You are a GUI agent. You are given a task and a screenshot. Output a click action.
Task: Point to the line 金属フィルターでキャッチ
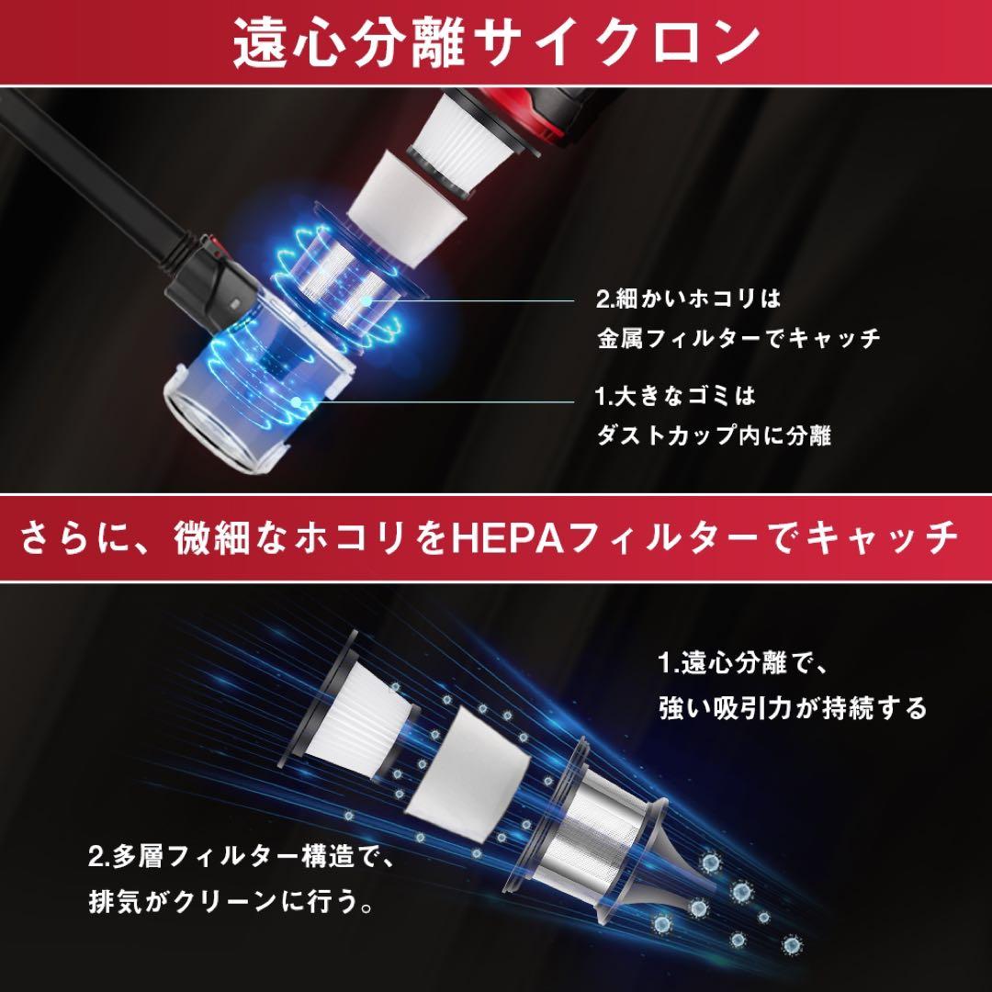tap(738, 338)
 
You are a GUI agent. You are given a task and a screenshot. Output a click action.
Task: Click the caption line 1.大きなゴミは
tap(675, 397)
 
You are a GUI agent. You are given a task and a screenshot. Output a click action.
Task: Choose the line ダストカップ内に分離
tap(714, 435)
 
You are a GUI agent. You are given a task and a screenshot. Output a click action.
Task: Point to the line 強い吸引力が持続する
tap(792, 708)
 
